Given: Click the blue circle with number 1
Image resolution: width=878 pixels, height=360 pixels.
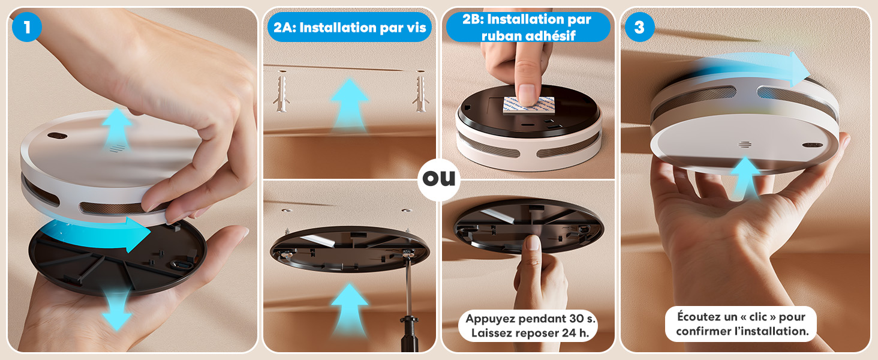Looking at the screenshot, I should point(26,27).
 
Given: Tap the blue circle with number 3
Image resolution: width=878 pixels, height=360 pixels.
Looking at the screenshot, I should point(639,27).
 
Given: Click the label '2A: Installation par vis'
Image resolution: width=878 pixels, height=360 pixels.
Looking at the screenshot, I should point(349,27).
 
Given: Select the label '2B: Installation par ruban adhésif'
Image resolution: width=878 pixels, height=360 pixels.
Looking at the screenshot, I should point(528,27).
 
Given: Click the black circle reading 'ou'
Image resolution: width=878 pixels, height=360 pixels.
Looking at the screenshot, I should point(439,179).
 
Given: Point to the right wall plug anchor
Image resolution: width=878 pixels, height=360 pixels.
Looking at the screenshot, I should point(420,93).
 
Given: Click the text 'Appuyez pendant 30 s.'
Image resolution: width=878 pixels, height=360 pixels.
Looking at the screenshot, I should point(528,319).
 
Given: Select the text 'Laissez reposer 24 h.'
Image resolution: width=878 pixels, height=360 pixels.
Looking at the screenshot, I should point(528,333).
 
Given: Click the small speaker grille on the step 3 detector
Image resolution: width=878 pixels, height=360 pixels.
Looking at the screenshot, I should point(745,145).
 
